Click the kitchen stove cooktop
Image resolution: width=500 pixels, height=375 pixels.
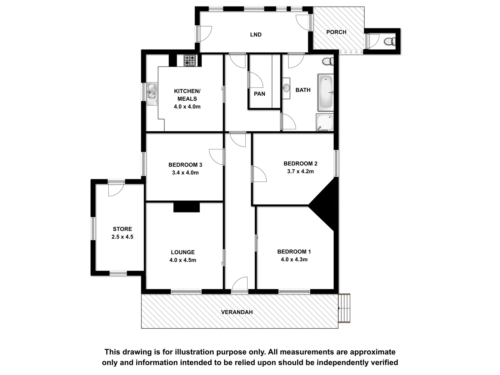click(190, 60)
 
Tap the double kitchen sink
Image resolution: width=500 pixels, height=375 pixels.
click(152, 93)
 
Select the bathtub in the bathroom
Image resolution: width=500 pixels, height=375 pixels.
click(326, 92)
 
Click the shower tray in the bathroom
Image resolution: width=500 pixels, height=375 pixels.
click(325, 122)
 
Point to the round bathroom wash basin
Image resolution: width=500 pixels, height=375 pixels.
click(286, 88)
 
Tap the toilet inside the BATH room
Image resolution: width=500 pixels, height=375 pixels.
click(328, 61)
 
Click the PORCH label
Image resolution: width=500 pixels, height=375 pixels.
click(336, 32)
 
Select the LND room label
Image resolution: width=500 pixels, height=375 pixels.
click(256, 35)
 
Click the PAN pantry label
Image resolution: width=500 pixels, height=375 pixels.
click(259, 94)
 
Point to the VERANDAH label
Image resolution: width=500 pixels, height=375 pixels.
click(237, 312)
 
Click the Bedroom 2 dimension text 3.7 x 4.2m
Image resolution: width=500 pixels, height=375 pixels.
click(300, 171)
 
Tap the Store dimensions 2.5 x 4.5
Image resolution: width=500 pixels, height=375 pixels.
click(122, 237)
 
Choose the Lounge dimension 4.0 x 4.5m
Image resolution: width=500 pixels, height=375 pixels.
click(183, 260)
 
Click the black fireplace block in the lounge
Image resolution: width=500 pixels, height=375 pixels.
click(187, 207)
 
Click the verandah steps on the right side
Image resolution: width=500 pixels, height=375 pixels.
click(344, 308)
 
